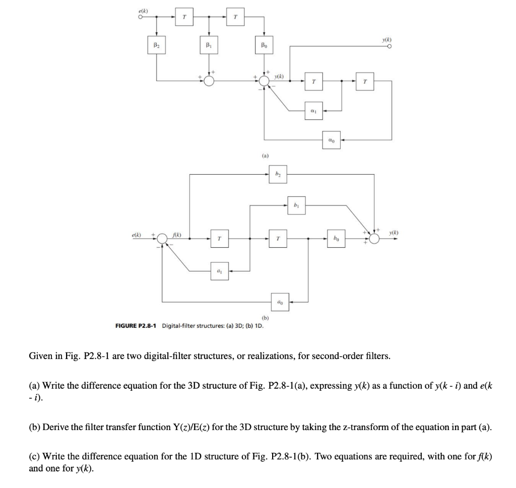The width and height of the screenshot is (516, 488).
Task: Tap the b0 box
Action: [336, 238]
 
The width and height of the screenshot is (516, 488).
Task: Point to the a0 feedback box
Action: [279, 302]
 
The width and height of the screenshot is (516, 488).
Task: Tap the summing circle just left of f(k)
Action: [162, 238]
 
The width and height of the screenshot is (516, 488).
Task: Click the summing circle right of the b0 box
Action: [374, 238]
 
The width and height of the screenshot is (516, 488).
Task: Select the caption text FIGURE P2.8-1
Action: [136, 325]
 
